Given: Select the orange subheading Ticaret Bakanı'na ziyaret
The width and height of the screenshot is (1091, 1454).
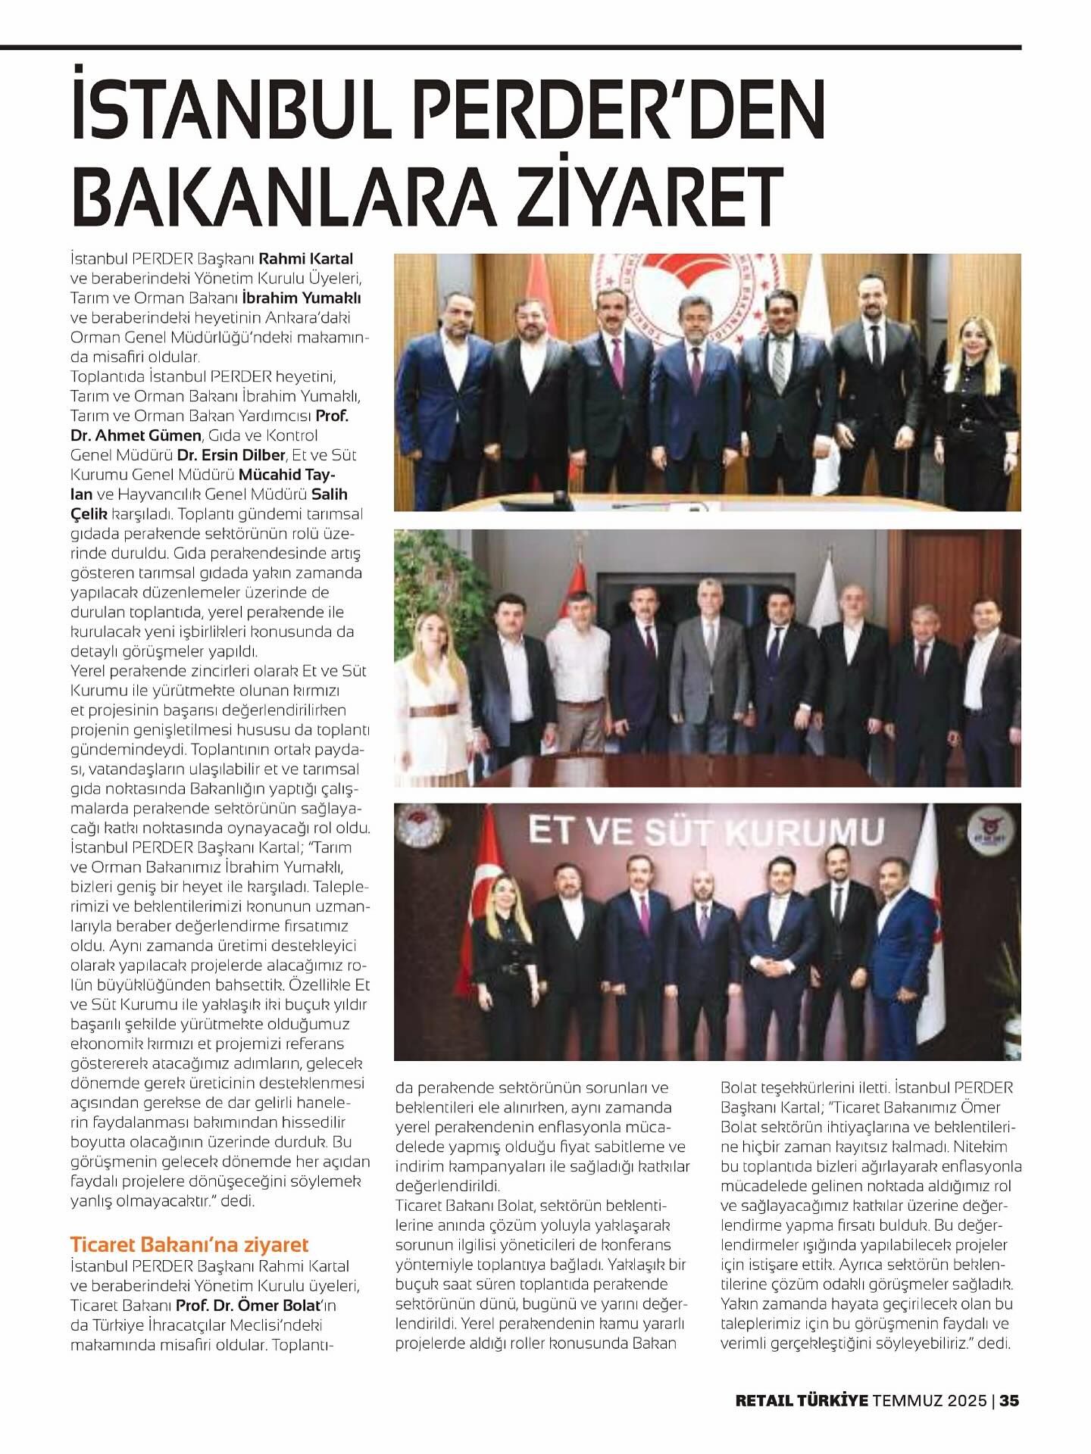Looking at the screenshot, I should pyautogui.click(x=189, y=1245).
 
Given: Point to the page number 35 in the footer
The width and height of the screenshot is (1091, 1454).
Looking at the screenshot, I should pyautogui.click(x=1009, y=1400).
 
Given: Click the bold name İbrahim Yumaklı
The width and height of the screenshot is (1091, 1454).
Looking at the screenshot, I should pyautogui.click(x=316, y=298).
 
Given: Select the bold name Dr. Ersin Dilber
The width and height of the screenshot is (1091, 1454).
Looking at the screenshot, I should pyautogui.click(x=231, y=455).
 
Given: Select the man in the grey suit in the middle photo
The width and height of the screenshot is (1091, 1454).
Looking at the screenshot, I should pyautogui.click(x=708, y=674).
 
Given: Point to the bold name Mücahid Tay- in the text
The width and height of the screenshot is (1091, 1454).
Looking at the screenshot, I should pyautogui.click(x=287, y=475).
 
